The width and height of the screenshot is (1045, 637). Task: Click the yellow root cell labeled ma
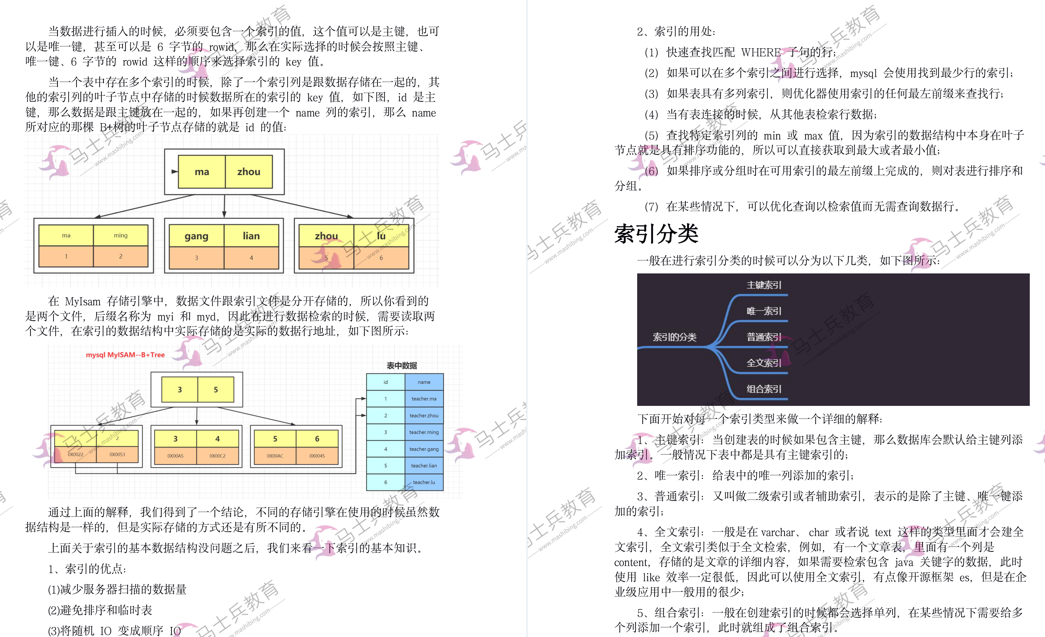coord(202,172)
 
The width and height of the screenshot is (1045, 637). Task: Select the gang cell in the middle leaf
coord(196,236)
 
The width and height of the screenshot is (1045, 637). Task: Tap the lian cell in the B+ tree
coord(251,236)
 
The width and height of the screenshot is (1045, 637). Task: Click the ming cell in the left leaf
coord(121,235)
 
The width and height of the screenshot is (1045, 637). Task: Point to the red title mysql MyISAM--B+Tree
coord(125,355)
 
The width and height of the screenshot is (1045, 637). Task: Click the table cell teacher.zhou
coord(424,416)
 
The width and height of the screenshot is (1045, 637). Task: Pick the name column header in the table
coord(424,382)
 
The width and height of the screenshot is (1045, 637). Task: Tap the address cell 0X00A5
coord(175,456)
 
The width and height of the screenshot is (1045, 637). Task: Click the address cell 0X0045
coord(317,456)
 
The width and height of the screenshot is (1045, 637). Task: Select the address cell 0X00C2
coord(217,456)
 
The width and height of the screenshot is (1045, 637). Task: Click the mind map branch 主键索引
coord(764,285)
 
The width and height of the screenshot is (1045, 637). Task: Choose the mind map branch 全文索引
coord(764,363)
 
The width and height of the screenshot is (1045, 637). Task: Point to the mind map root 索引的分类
coord(674,337)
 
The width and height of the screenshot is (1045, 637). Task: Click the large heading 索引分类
coord(656,234)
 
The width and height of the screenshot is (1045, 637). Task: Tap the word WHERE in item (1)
coord(761,52)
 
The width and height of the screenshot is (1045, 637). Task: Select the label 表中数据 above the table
coord(402,365)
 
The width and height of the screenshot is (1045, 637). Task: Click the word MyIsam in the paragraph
coord(83,302)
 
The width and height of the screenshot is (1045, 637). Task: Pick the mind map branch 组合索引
coord(764,389)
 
